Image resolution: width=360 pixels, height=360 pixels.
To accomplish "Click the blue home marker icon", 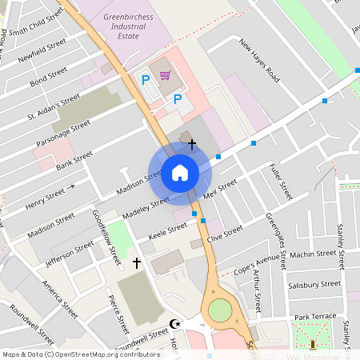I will point(180,173).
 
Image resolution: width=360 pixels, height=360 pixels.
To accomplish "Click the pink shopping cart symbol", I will point(166,76).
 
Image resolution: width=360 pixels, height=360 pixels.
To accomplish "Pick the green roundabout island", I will point(219,310).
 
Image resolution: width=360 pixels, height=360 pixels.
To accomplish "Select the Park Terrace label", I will point(315,317).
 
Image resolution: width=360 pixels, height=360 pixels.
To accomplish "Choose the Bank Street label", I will point(74,156).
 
